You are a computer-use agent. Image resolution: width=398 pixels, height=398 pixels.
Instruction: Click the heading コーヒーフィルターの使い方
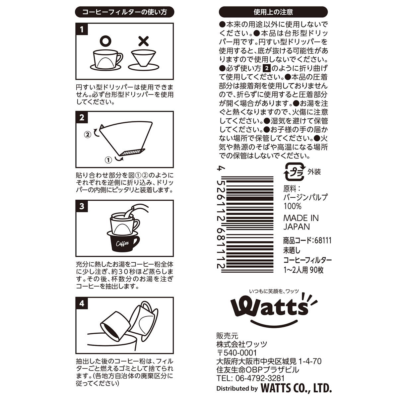tap(124, 13)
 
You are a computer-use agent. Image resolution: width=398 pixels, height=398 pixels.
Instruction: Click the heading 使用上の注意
tap(273, 13)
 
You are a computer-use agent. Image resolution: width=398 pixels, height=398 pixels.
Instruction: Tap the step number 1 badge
tap(82, 30)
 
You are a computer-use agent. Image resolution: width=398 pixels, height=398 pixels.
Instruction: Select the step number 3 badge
tap(82, 206)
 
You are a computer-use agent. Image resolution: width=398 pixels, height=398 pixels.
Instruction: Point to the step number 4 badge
tap(82, 303)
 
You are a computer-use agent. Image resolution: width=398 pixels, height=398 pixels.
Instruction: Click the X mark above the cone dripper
tap(143, 41)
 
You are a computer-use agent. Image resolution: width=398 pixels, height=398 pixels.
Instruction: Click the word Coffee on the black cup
tap(122, 244)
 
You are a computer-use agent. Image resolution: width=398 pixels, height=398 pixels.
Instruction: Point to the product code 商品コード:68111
tap(307, 240)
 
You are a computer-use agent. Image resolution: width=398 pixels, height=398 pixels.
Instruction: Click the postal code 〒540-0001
tap(236, 353)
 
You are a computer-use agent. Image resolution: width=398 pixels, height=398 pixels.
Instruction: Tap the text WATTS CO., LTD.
tap(296, 388)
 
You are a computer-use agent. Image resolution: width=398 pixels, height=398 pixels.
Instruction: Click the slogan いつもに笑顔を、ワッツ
tap(274, 291)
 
